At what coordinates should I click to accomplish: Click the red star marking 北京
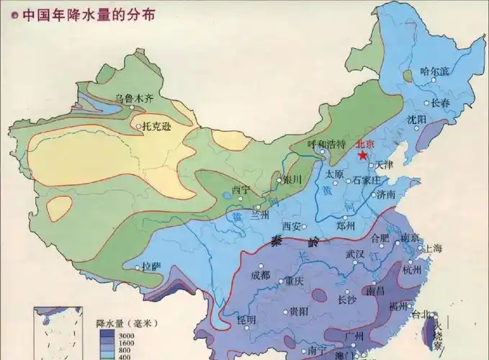pos(364,155)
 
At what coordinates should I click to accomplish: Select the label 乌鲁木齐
pos(134,99)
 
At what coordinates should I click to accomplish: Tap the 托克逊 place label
pos(158,125)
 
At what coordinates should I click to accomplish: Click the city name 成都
pos(260,274)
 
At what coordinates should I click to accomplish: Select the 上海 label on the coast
pos(434,248)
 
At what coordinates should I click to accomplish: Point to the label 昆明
pos(247,318)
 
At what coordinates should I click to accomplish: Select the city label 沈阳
pos(416,119)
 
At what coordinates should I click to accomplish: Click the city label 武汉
pos(355,254)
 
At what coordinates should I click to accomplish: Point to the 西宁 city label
pos(241,190)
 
